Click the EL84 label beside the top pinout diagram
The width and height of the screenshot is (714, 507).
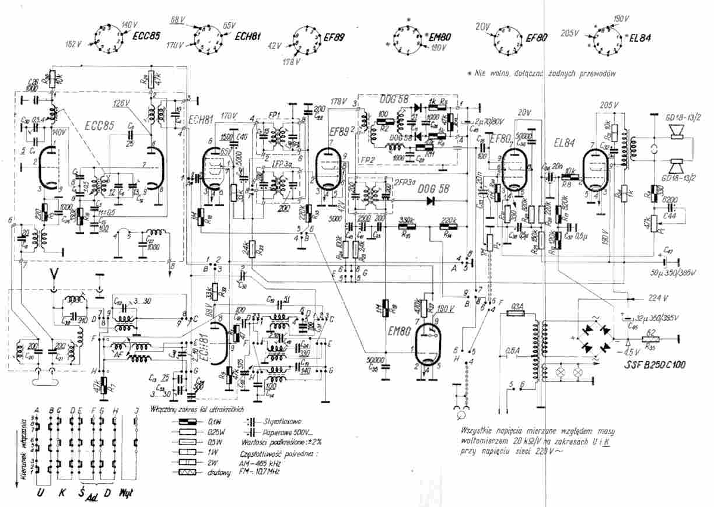pyautogui.click(x=639, y=40)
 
